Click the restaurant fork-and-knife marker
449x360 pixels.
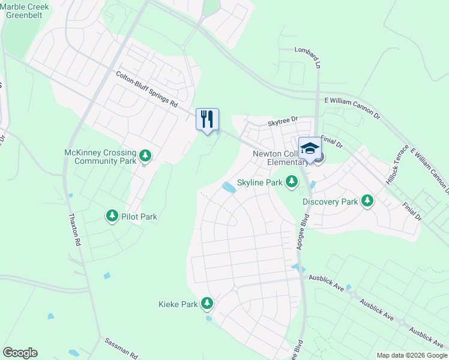click(207, 118)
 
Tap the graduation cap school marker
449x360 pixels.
click(310, 148)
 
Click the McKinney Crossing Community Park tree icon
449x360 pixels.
click(145, 157)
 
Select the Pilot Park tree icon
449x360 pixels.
click(112, 215)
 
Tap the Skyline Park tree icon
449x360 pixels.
click(291, 181)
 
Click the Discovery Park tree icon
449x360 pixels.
click(367, 201)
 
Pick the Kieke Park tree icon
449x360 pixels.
click(207, 304)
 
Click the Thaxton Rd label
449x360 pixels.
click(74, 231)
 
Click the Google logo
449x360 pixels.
click(20, 353)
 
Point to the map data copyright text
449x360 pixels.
click(411, 355)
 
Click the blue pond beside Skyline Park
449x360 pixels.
click(228, 188)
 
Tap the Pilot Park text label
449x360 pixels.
click(139, 217)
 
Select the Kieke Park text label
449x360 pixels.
click(178, 304)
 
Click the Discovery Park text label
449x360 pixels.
click(330, 202)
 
